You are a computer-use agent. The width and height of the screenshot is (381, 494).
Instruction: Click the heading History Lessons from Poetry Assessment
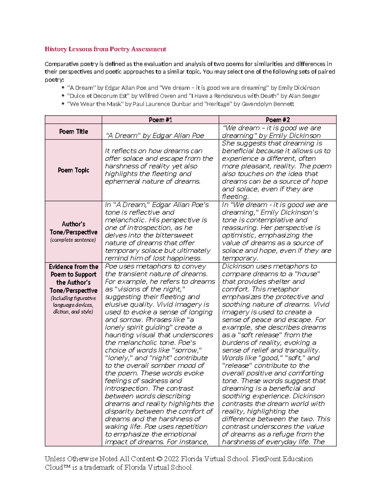[x=105, y=49]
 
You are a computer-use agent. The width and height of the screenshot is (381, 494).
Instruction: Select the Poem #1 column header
[x=160, y=120]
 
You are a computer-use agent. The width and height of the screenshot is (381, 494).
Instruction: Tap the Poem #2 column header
[x=277, y=120]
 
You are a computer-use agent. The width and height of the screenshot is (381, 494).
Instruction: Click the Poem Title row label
[x=73, y=131]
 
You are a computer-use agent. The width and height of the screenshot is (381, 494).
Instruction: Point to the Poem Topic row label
[x=73, y=170]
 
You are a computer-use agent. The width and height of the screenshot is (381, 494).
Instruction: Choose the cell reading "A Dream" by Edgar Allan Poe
[x=154, y=136]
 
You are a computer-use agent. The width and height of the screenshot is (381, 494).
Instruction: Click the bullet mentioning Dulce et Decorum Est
[x=193, y=96]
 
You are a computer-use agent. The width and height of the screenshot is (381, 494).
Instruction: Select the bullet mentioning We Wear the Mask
[x=180, y=104]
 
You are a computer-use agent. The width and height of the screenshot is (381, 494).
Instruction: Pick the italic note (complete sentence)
[x=73, y=240]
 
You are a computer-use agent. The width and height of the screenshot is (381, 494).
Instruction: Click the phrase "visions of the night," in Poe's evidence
[x=150, y=289]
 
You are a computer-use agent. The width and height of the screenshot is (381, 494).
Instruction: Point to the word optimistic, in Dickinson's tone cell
[x=241, y=235]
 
